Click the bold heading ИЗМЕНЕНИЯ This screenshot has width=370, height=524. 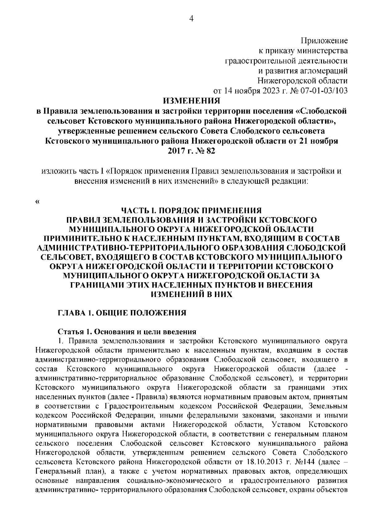[191, 101]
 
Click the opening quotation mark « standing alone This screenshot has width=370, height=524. [38, 202]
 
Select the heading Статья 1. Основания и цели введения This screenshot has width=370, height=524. [127, 332]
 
